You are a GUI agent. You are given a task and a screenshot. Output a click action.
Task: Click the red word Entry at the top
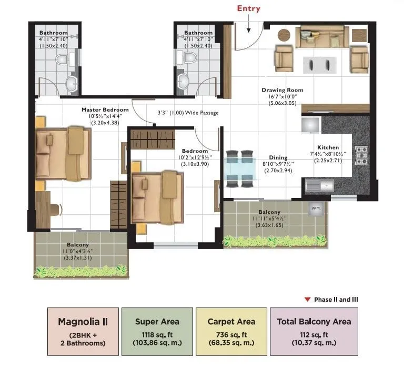(x=248, y=8)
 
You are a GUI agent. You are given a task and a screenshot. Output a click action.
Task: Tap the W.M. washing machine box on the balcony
(x=316, y=209)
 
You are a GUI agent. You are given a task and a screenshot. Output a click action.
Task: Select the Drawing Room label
(x=282, y=90)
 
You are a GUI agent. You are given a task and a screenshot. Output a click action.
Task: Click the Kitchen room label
(x=328, y=147)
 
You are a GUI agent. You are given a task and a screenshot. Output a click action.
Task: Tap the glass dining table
(x=239, y=168)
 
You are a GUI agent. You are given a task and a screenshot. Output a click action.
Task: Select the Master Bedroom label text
(x=105, y=110)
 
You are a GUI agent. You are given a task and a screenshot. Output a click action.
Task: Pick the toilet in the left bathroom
(x=62, y=59)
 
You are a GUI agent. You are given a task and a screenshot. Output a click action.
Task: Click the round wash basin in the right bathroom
(x=183, y=81)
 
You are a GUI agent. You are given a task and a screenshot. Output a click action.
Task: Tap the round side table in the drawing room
(x=284, y=35)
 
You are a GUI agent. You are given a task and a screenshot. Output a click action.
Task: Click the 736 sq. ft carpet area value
(x=231, y=334)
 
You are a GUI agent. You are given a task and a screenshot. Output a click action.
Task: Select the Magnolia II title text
(x=81, y=321)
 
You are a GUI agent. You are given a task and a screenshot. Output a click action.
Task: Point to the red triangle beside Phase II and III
(x=307, y=300)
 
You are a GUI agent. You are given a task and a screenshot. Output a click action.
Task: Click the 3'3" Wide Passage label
(x=188, y=113)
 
